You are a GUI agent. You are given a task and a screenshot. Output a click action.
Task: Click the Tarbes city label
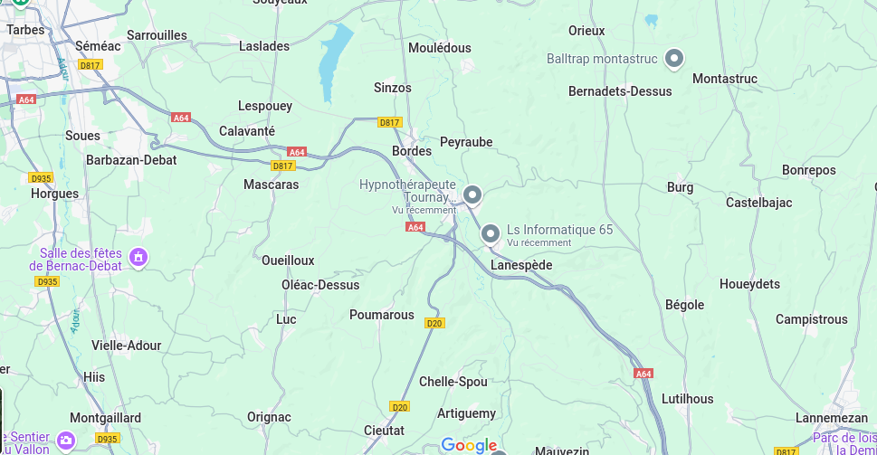click(x=25, y=30)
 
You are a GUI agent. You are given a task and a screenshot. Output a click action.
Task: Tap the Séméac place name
click(x=98, y=45)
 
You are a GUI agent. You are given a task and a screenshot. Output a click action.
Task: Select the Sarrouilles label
click(x=157, y=35)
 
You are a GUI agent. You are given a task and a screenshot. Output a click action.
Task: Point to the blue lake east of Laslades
click(x=334, y=60)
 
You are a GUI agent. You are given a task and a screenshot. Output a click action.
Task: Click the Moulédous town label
click(x=440, y=48)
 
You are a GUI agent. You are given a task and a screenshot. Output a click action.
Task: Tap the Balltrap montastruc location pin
click(x=673, y=59)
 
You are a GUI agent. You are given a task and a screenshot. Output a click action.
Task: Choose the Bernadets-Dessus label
click(x=620, y=91)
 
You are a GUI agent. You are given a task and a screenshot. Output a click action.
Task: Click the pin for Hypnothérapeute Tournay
click(x=472, y=194)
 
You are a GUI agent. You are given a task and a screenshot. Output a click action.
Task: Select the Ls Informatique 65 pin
click(x=491, y=233)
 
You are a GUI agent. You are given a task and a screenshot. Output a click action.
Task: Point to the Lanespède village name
click(x=520, y=265)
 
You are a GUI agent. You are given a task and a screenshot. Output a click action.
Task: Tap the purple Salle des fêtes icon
click(x=138, y=258)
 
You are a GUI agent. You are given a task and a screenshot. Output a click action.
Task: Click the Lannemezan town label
click(x=831, y=418)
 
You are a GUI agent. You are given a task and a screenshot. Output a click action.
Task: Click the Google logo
click(x=469, y=445)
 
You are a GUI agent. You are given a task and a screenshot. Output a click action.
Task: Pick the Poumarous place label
click(x=382, y=315)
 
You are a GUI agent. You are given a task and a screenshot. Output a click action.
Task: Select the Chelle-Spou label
click(x=453, y=382)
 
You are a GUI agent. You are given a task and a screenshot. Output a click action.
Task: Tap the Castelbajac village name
click(x=758, y=203)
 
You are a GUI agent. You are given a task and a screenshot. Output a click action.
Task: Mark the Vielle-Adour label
click(x=127, y=346)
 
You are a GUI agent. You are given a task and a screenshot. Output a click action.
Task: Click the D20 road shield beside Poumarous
click(x=434, y=323)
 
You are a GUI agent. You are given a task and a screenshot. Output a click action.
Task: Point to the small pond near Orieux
click(x=651, y=19)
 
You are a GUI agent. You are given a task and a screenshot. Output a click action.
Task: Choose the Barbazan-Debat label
click(x=131, y=160)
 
